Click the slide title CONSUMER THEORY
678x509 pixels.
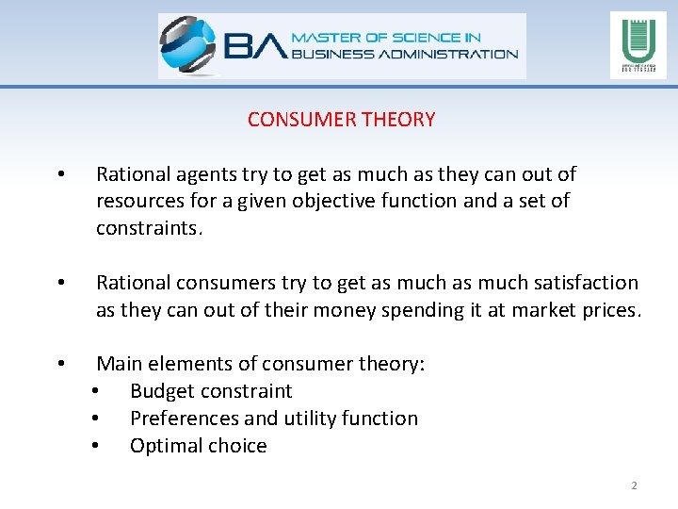(x=341, y=120)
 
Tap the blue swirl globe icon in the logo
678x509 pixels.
(x=188, y=45)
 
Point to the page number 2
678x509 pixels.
(x=634, y=485)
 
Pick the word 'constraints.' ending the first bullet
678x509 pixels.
(x=149, y=228)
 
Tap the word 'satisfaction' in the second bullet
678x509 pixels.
(x=585, y=283)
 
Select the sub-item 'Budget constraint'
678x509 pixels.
(x=211, y=391)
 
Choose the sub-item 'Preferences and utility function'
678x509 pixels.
(x=273, y=419)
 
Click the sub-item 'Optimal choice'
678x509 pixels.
(x=198, y=446)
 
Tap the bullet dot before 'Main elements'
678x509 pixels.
(x=59, y=364)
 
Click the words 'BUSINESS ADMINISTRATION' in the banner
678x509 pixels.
(x=405, y=54)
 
